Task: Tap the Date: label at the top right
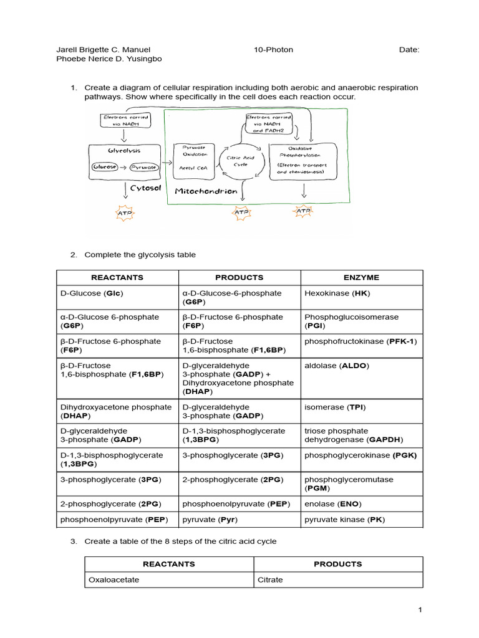pos(409,50)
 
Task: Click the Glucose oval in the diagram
pos(104,167)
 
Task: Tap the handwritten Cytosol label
pos(147,188)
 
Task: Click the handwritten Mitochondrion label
pos(206,191)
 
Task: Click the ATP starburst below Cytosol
pos(125,214)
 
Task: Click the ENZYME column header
pos(361,277)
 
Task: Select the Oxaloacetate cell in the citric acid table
pos(114,579)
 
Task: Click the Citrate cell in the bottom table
pos(270,579)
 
